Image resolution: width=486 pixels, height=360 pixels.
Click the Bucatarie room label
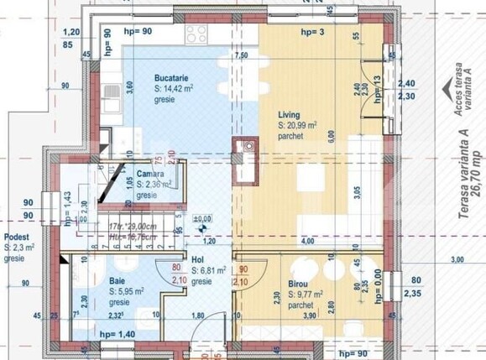click(170, 77)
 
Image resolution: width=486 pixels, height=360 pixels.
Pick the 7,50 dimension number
click(240, 55)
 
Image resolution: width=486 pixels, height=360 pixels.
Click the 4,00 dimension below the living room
click(308, 241)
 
